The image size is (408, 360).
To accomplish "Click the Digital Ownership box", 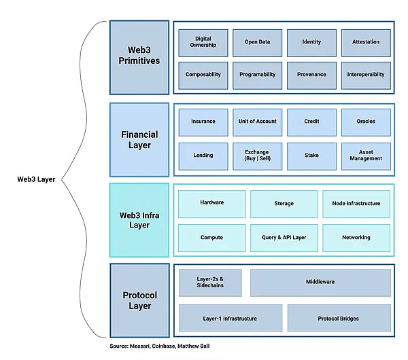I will (203, 43).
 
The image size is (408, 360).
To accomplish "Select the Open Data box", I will (257, 43).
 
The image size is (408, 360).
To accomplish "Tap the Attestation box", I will (366, 43).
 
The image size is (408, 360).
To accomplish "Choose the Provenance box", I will (311, 75).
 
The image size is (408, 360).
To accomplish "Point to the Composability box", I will (203, 75).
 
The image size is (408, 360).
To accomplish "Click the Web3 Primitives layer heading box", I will (139, 57).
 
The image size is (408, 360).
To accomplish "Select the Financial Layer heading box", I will (139, 139).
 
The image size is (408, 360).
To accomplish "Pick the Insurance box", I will (203, 122).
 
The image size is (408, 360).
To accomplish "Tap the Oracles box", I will (366, 122).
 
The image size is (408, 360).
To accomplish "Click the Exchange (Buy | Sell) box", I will (257, 156).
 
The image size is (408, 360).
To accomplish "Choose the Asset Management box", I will (366, 156).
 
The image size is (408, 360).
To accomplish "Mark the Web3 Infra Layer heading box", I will (139, 219).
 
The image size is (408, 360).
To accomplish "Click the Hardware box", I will (212, 203).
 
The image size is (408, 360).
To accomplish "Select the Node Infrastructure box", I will (356, 203).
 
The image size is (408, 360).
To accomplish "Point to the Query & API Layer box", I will (284, 238).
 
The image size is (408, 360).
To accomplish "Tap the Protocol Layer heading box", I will (139, 300).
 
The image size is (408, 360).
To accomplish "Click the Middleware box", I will (320, 283).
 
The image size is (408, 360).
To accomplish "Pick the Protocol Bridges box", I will (339, 318).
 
